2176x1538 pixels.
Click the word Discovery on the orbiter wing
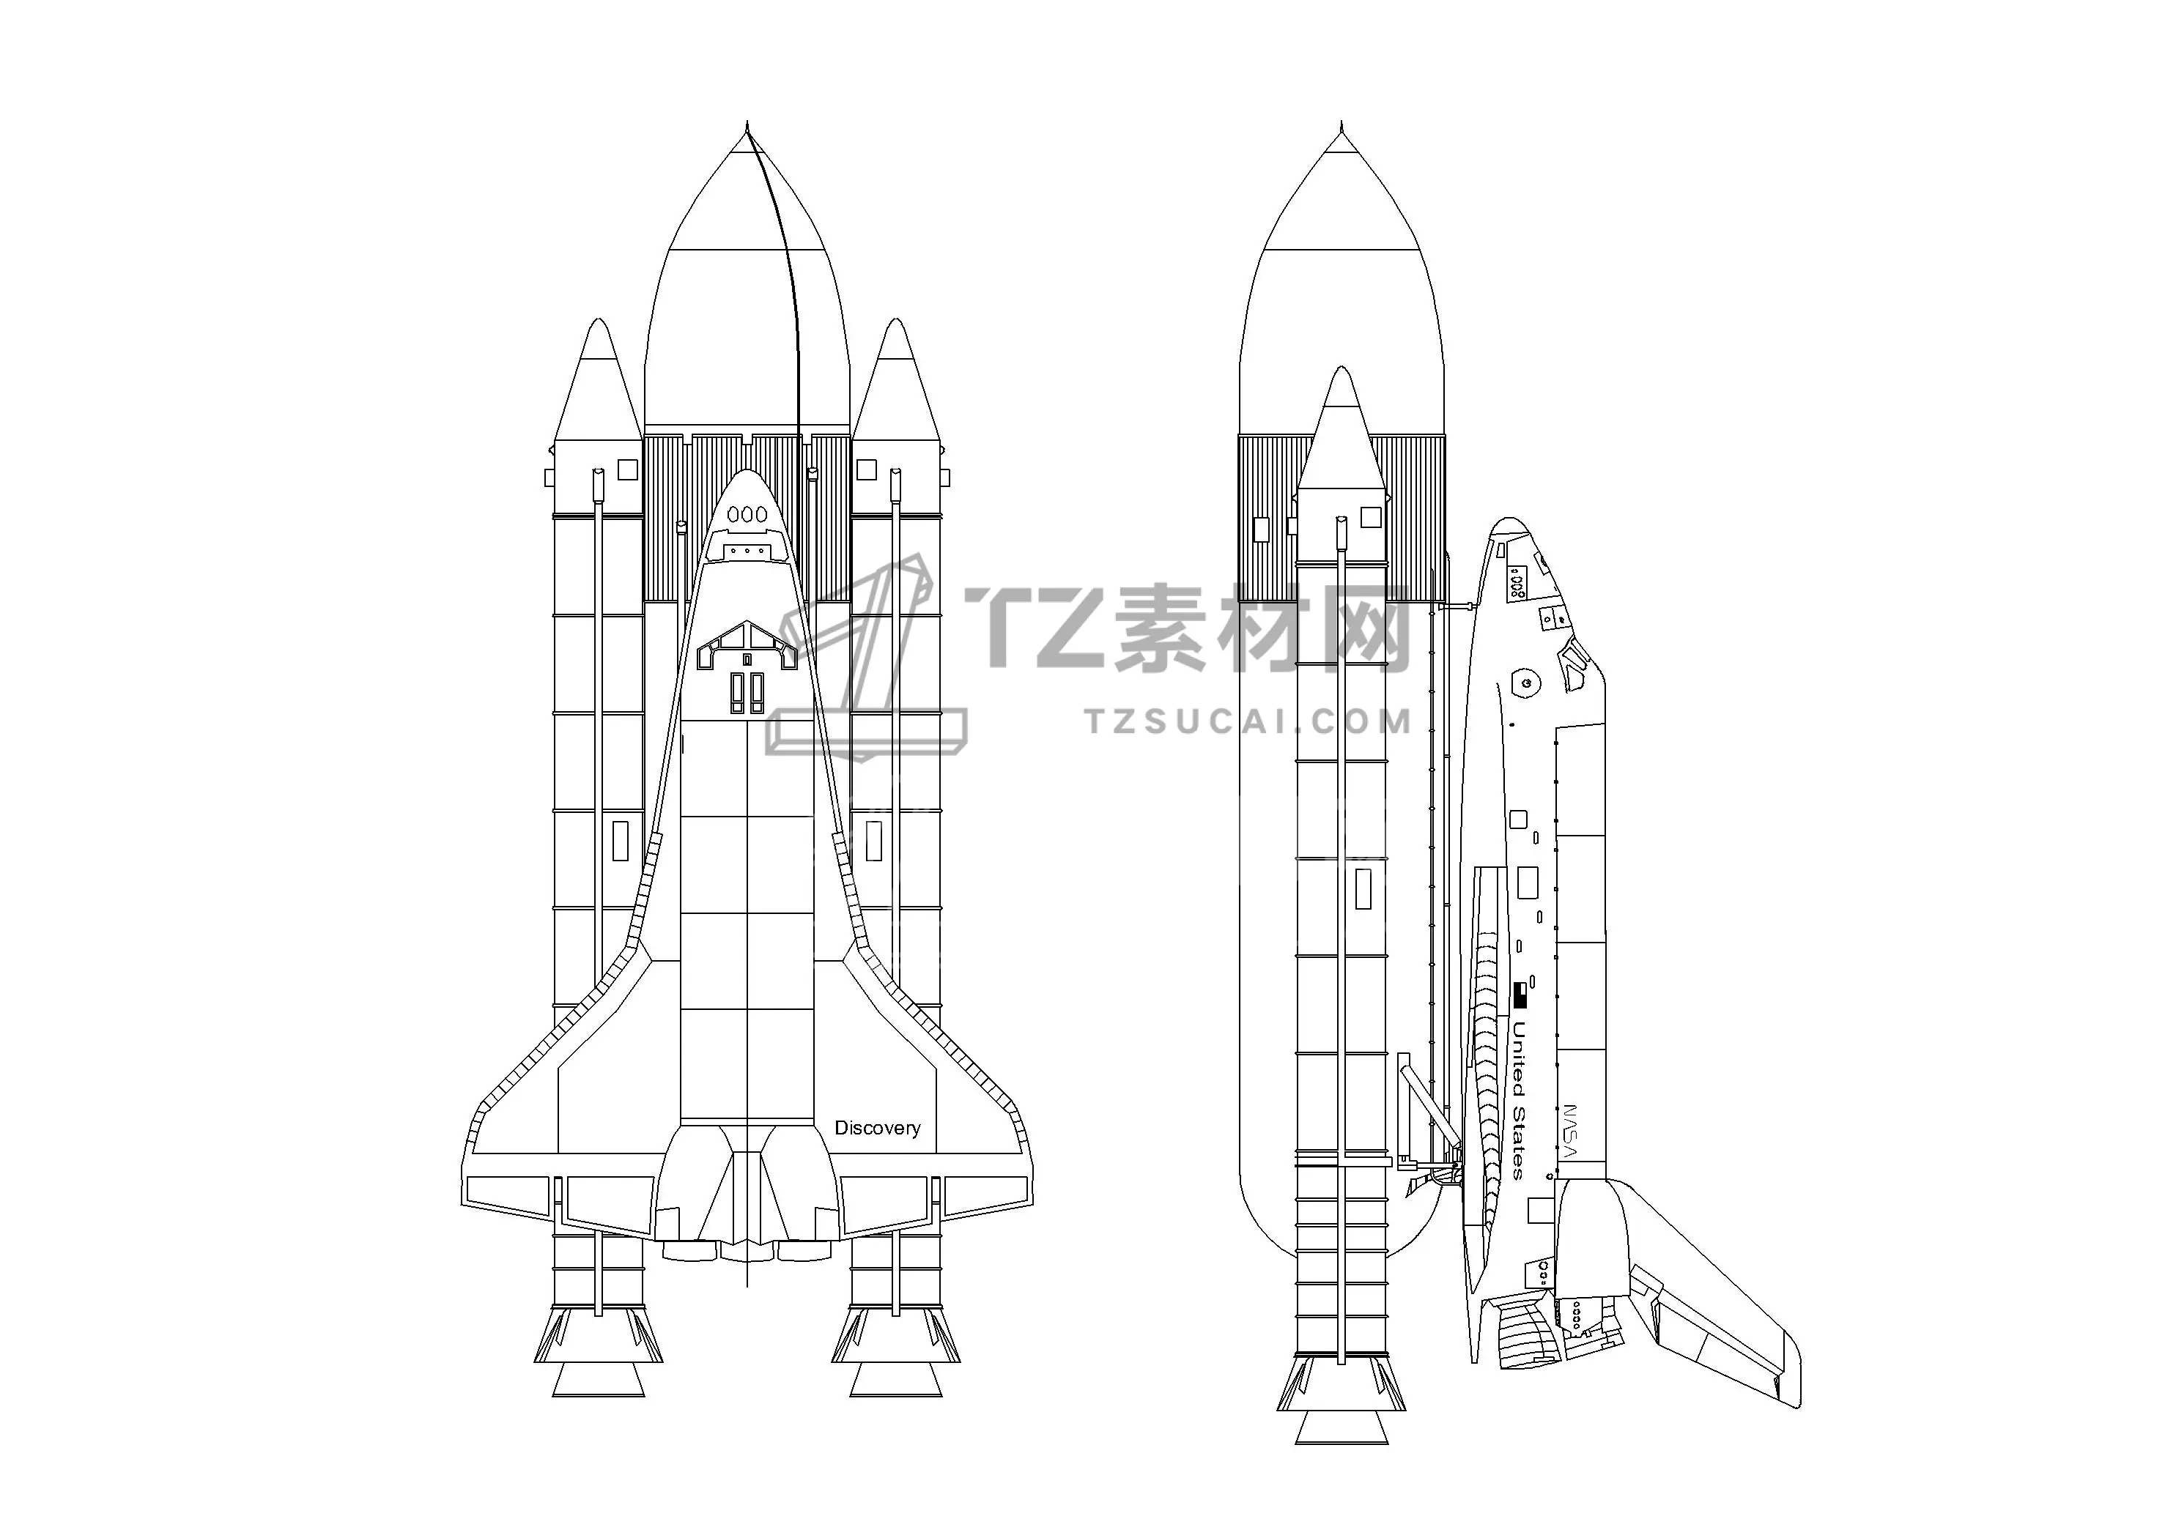[877, 1129]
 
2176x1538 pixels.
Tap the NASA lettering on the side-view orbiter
[1569, 1131]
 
